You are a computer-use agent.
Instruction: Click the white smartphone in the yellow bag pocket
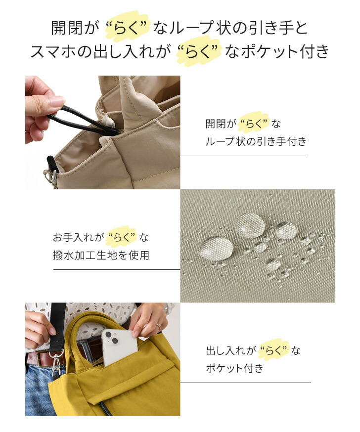[119, 347]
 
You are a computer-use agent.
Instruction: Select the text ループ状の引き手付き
[256, 141]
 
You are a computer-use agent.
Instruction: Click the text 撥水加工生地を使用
[101, 255]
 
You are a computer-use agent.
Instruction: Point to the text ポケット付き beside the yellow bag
[234, 368]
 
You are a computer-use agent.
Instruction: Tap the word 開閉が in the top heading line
[75, 28]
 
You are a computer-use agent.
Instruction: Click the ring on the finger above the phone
[158, 326]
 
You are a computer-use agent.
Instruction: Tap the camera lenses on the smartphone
[111, 338]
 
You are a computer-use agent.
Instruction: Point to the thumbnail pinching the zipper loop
[57, 101]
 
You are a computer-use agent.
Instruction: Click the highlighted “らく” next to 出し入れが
[274, 350]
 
